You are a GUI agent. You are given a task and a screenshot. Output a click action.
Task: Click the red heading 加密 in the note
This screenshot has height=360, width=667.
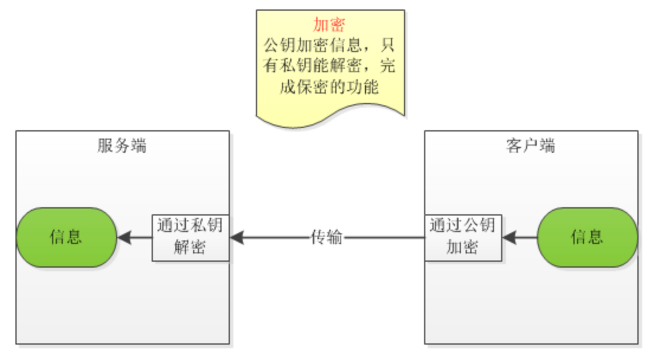coord(330,25)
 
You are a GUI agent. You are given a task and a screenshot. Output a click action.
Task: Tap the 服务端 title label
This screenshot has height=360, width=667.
coord(121,146)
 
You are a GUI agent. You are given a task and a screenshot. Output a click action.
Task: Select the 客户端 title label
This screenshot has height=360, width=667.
coord(531,146)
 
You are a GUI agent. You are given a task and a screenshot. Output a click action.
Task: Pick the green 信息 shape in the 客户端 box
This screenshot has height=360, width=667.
coord(587,237)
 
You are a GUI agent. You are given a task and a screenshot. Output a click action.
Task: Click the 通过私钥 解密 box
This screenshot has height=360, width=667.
coord(190,237)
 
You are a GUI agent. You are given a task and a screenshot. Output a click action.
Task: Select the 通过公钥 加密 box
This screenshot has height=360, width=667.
coord(463,237)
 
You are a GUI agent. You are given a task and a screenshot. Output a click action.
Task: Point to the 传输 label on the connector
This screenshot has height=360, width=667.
coord(326,237)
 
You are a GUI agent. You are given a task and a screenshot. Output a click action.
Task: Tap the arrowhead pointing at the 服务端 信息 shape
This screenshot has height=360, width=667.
coord(124,238)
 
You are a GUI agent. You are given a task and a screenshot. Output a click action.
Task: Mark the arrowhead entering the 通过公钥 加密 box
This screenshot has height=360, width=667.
coord(509,238)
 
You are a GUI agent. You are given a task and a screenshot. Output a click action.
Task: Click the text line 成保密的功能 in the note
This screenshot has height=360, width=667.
coord(330,86)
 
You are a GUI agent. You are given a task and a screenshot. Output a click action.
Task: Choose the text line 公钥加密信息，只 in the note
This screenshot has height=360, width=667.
coord(330,45)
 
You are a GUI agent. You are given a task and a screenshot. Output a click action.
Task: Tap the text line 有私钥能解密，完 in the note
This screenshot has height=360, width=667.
coord(330,66)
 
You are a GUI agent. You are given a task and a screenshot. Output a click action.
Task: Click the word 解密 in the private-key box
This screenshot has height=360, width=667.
coord(190,247)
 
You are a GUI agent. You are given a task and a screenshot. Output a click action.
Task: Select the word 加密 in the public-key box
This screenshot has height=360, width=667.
coord(463,247)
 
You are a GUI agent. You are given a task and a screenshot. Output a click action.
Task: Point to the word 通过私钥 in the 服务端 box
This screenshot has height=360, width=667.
coord(190,226)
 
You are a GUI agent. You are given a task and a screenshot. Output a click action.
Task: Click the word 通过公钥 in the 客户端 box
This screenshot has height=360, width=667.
coord(463,226)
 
